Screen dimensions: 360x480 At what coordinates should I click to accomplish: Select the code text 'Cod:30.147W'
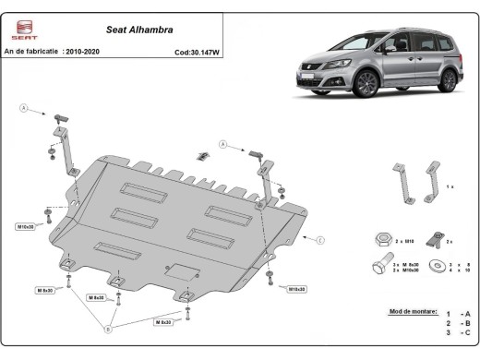tap(198, 54)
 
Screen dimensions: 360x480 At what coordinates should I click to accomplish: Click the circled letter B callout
tap(110, 328)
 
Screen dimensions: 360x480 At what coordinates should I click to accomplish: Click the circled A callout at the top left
tap(23, 108)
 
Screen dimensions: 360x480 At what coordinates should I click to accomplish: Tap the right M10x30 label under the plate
tap(295, 289)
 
